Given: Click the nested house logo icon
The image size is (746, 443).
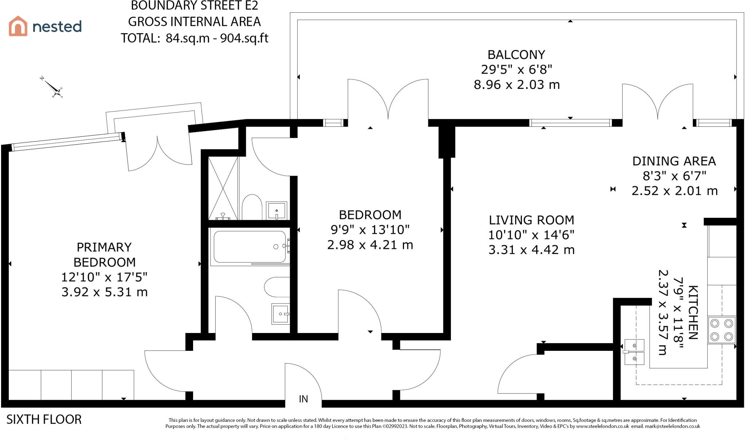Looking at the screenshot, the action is (x=18, y=26).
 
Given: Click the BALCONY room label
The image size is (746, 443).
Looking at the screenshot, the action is (x=516, y=55).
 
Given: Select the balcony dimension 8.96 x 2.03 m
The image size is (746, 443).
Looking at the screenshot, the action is (x=517, y=85).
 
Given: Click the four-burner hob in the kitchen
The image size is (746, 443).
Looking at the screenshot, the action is (x=722, y=330).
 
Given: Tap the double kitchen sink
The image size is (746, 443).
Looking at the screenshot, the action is (x=634, y=352).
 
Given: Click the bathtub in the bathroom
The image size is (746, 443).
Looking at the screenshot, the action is (x=250, y=247).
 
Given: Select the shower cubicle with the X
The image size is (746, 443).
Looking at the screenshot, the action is (x=223, y=188).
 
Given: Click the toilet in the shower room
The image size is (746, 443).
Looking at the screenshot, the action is (x=252, y=207).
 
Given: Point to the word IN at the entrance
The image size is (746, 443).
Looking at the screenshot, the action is (x=303, y=399).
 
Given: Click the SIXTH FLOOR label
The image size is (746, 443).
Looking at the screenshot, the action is (x=44, y=420).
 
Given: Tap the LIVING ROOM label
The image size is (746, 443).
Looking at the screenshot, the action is (x=531, y=220).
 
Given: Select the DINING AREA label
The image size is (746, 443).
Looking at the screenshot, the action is (x=674, y=161).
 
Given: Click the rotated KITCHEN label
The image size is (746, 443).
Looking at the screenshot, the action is (x=693, y=313).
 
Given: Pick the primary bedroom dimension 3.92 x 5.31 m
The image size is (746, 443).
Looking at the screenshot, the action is (x=105, y=292).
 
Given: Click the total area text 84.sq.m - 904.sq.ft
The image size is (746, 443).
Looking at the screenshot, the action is (x=217, y=38).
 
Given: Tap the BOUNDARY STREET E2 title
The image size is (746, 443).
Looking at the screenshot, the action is (x=195, y=6).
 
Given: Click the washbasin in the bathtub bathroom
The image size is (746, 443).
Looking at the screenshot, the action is (x=280, y=314).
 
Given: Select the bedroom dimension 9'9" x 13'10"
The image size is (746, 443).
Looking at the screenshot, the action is (x=370, y=230).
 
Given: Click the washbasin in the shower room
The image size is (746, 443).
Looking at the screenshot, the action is (x=276, y=211).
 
